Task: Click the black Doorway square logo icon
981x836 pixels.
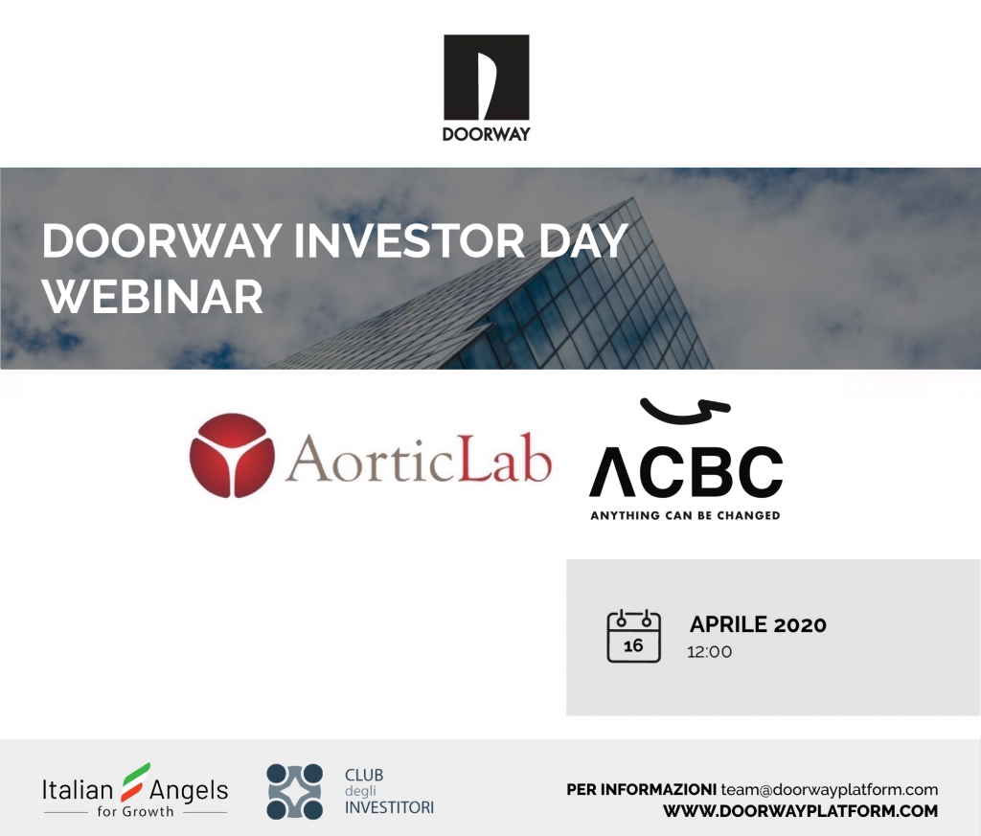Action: [x=486, y=77]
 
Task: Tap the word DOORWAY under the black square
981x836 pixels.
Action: [x=486, y=134]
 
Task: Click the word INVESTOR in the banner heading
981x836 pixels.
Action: [x=409, y=240]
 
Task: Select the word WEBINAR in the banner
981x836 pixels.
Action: [x=152, y=297]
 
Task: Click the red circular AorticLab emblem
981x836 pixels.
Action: [x=232, y=455]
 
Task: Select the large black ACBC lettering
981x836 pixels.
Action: [x=686, y=471]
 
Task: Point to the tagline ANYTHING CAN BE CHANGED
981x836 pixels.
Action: [x=685, y=515]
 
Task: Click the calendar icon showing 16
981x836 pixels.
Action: [x=634, y=636]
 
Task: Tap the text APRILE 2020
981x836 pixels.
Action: [x=758, y=624]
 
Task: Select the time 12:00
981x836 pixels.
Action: [x=709, y=652]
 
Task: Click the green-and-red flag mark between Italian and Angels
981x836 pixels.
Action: [x=136, y=781]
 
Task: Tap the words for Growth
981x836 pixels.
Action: [x=135, y=812]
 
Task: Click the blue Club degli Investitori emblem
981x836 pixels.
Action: [x=295, y=792]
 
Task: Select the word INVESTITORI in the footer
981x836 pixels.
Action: [x=389, y=808]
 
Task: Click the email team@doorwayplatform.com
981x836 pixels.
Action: [x=829, y=790]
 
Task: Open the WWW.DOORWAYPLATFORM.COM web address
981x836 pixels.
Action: [x=800, y=811]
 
